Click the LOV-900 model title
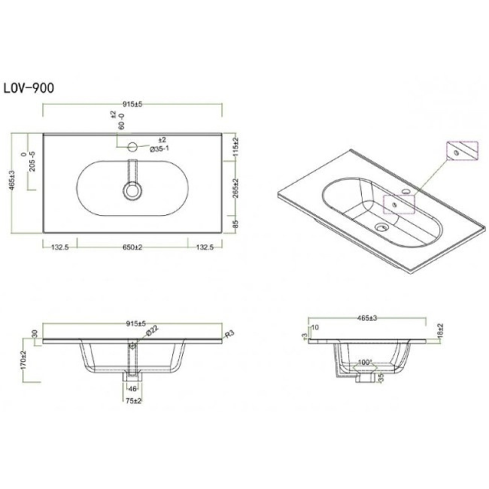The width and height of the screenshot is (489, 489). [x=29, y=88]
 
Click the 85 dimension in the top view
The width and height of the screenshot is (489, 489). [x=236, y=223]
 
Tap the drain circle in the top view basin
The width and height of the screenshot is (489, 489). [x=132, y=191]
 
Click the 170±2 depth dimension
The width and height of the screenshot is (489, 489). [x=25, y=360]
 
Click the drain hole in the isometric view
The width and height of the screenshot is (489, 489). [x=381, y=226]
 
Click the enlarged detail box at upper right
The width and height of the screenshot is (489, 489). [x=461, y=152]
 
